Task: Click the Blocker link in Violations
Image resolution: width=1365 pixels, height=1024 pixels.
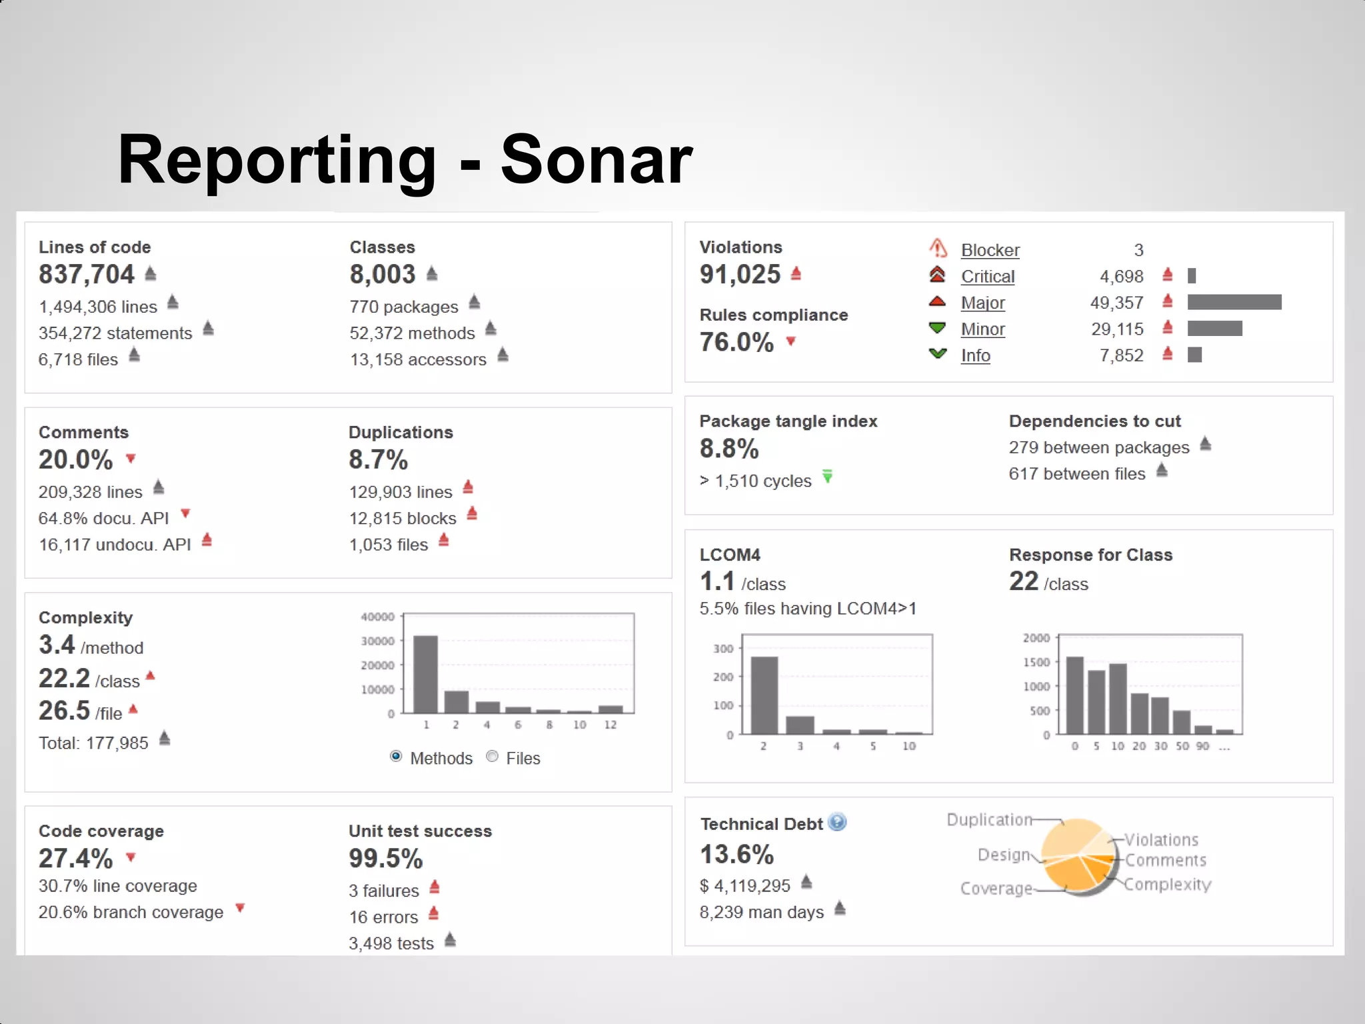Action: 990,251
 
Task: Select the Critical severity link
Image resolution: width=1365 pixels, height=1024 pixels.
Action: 987,277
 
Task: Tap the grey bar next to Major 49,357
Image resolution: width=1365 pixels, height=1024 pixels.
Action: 1234,303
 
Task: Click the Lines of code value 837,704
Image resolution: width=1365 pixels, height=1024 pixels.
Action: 87,275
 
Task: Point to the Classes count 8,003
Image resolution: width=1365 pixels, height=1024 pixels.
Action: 383,275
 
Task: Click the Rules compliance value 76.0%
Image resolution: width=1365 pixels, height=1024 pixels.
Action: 736,343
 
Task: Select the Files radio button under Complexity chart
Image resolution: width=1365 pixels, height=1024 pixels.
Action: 493,756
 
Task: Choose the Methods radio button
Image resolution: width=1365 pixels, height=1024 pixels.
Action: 396,756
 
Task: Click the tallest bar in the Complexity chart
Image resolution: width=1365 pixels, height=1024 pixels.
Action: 425,674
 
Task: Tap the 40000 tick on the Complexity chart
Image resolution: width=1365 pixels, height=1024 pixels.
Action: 377,617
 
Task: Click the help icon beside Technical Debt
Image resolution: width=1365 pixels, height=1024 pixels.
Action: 837,823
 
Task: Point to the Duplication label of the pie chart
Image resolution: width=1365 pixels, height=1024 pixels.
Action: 989,820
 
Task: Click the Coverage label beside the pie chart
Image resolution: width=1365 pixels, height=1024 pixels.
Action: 996,889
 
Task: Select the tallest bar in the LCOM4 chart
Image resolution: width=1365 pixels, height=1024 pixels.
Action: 764,695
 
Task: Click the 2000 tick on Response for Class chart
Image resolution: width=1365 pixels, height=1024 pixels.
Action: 1036,639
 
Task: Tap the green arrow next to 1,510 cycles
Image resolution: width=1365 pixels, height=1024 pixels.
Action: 827,477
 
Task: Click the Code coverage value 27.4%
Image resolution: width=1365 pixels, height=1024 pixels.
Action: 75,859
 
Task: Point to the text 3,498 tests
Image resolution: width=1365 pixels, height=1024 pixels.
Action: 391,943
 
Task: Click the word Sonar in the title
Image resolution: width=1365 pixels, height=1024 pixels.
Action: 596,160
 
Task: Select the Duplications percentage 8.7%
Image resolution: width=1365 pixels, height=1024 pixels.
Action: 378,460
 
